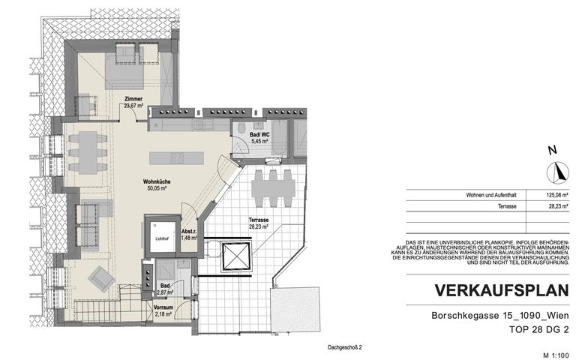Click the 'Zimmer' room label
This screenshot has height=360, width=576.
pyautogui.click(x=133, y=99)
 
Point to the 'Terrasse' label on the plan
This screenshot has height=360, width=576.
pyautogui.click(x=259, y=220)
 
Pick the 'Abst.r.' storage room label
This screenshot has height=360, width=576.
pyautogui.click(x=189, y=231)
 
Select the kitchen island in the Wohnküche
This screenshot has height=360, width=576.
pyautogui.click(x=176, y=158)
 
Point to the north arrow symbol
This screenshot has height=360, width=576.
pyautogui.click(x=557, y=172)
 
